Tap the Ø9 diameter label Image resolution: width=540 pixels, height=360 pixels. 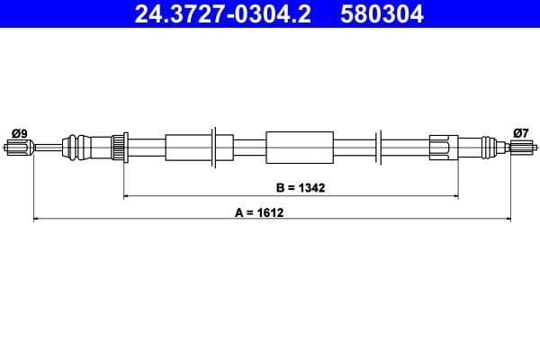pyautogui.click(x=19, y=133)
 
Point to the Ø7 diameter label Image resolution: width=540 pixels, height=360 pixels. pyautogui.click(x=520, y=133)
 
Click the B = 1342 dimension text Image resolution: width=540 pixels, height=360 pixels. pyautogui.click(x=300, y=188)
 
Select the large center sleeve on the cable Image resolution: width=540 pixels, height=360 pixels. pyautogui.click(x=300, y=146)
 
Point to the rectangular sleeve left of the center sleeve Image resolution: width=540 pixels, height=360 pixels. pyautogui.click(x=187, y=146)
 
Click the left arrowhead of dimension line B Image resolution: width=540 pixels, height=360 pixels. pyautogui.click(x=126, y=195)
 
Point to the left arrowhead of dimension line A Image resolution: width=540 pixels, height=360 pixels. pyautogui.click(x=37, y=219)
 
